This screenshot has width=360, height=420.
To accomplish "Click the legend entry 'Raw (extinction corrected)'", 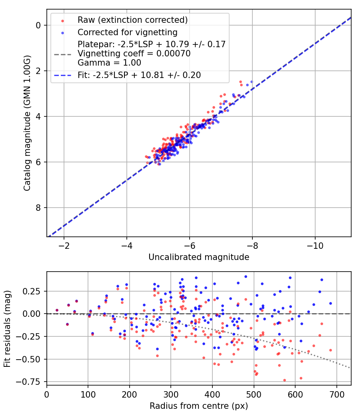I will coord(132,20).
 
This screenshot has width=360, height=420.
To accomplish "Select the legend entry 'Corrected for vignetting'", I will coord(127,32).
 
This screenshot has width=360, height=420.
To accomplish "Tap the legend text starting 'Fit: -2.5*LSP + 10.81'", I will coord(139,75).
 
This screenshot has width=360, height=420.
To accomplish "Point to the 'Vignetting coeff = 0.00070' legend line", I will coord(134,54).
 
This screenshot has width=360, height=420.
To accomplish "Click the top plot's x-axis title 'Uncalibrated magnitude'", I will coord(199,257).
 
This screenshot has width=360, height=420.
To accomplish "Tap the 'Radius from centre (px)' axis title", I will coord(199,406).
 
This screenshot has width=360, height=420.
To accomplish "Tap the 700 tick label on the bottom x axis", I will coord(336,396).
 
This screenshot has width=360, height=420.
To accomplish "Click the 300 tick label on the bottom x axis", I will coord(171,396).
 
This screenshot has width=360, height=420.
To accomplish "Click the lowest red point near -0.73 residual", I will coord(284,380).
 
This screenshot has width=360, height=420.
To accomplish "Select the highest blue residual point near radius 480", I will coord(246,276).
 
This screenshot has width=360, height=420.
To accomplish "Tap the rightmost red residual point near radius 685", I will coord(330,350).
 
